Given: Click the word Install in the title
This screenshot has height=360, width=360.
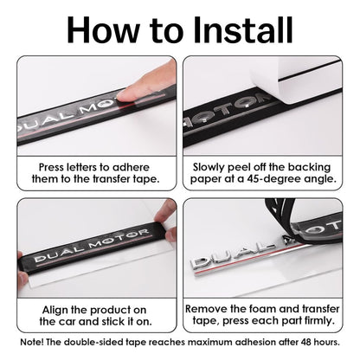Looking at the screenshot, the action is coord(243,30).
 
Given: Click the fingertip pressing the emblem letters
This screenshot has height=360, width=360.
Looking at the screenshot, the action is coord(128,94).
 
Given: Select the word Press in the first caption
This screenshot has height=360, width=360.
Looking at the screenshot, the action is coord(51,167).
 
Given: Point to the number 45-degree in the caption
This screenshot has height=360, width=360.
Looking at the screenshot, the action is coord(273,179).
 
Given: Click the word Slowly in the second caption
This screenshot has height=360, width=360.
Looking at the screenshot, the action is coord(209,167).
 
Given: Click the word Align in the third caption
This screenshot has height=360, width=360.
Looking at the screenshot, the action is coord(55,310).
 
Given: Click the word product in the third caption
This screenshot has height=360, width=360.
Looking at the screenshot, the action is coord(111,310).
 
